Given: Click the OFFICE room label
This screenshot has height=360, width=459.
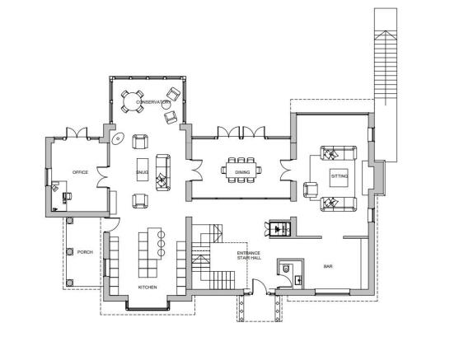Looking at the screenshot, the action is pos(80,172).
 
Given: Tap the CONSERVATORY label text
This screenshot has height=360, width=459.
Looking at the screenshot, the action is pos(152,102).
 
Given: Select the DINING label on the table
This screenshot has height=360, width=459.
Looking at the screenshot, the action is pos(242,172).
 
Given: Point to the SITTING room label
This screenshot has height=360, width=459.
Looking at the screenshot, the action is pos(340,176).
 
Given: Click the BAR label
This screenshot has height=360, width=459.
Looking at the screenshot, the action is pos(328,266).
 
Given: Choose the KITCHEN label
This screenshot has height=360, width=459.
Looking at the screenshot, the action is pos(148,288).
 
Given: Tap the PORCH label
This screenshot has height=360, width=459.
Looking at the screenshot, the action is pos(85,252).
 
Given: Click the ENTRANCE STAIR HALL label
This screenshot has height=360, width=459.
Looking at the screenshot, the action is pos(249,255).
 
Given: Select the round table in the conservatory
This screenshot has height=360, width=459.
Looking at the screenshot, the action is pos(133,101).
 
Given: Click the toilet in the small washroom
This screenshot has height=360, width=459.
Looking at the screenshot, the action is pos(285,268).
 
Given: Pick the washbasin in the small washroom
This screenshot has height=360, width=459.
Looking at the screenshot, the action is pos(298,280).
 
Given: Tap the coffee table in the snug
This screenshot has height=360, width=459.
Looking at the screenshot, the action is pos(143,170).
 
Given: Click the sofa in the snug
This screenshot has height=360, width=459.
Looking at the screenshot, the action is pos(163,173).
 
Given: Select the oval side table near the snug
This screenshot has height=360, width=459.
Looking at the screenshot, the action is pos(118,138).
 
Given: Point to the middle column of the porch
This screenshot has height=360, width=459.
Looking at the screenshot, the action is pos(70,252).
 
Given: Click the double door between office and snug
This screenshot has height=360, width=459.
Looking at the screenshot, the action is pos(102,177).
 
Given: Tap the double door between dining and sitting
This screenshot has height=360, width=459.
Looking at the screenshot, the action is pos(286,171).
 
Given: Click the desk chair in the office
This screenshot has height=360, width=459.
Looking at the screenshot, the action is pos(67,196).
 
